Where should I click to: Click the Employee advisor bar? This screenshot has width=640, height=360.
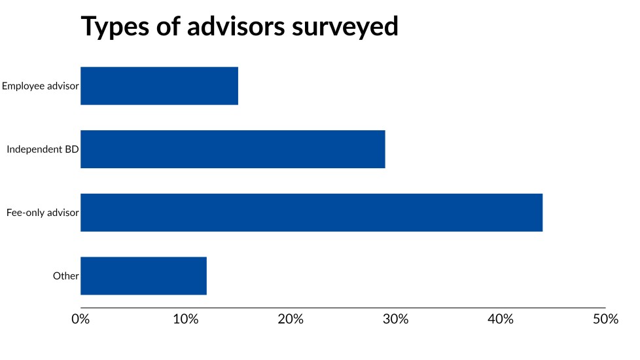click(159, 86)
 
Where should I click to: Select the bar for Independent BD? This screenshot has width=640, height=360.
click(232, 149)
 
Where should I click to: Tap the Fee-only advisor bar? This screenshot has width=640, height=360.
click(311, 213)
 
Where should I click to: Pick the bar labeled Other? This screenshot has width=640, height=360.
click(143, 276)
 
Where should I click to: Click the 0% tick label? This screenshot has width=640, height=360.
click(80, 319)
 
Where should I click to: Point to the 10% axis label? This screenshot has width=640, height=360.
click(186, 319)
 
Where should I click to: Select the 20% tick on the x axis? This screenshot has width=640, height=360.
click(291, 319)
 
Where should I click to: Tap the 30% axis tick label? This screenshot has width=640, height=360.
click(396, 319)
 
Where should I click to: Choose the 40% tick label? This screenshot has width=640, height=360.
click(501, 319)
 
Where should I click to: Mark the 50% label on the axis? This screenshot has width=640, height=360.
click(605, 319)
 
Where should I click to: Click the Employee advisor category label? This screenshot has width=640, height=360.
click(40, 86)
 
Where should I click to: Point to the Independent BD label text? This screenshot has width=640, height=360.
click(43, 149)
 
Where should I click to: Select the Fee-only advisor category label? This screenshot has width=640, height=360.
click(43, 213)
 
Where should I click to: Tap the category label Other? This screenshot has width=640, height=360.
click(65, 276)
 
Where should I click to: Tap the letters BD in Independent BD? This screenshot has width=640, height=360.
click(72, 149)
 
